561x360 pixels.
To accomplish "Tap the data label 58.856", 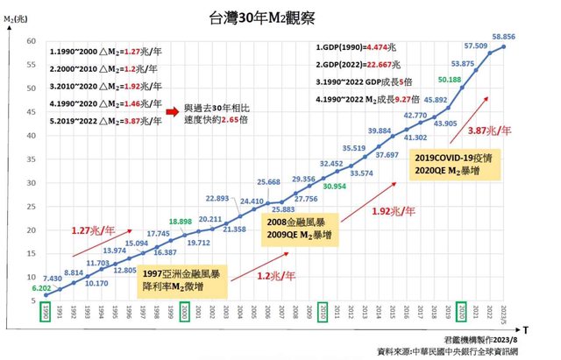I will pyautogui.click(x=502, y=37).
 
